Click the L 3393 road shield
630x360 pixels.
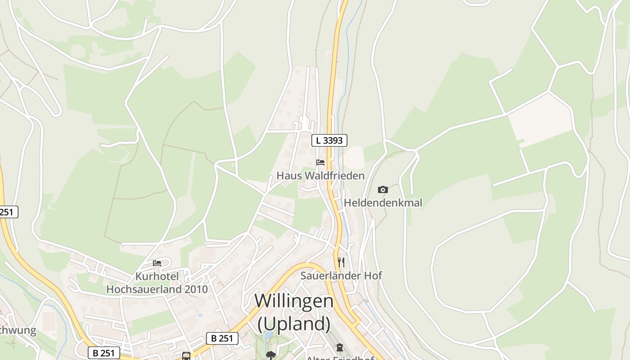[329, 140]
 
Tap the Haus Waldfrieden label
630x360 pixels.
[320, 175]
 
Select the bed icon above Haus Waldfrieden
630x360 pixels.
[320, 162]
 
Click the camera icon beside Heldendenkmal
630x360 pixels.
[383, 189]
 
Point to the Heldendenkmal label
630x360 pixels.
[383, 203]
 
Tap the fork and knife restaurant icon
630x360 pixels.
[341, 262]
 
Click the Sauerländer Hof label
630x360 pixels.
[341, 275]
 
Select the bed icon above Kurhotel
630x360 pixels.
[157, 263]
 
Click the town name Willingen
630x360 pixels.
[294, 301]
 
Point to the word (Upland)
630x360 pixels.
[294, 324]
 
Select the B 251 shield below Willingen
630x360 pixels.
[222, 338]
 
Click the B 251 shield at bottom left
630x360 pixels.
[104, 353]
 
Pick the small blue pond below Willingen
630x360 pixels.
[268, 335]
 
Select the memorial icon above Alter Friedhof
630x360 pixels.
[339, 347]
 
